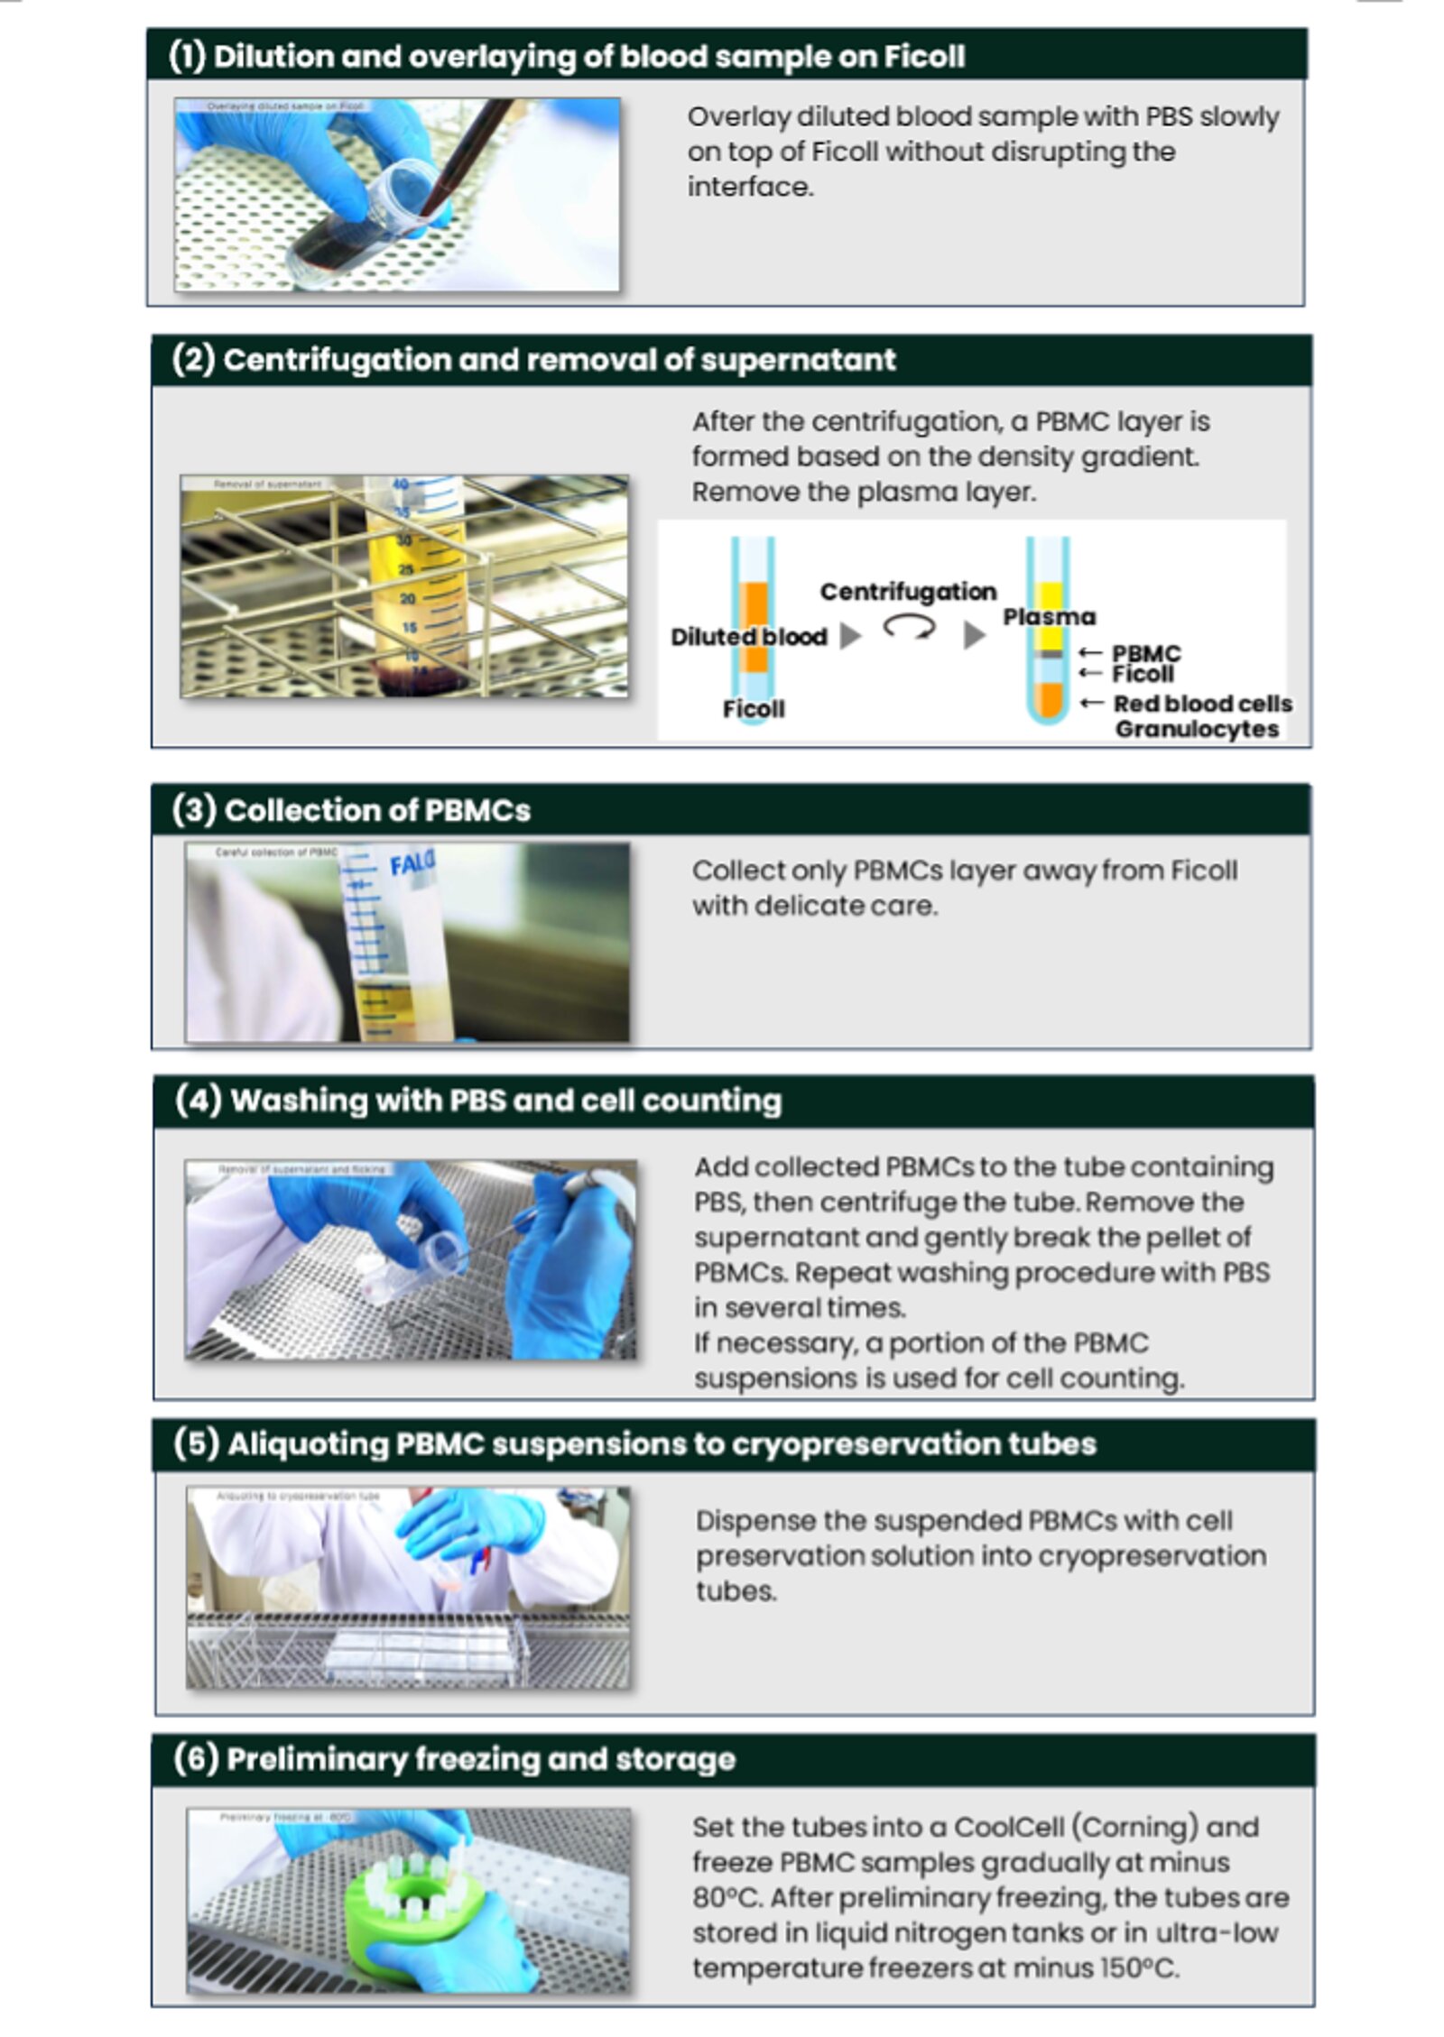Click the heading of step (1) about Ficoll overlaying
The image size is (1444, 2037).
(x=567, y=57)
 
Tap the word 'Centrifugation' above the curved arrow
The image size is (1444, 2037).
(x=907, y=592)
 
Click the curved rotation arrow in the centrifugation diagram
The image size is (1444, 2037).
(x=908, y=627)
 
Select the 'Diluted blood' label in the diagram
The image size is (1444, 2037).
(x=748, y=637)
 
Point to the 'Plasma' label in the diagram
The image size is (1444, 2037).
(x=1048, y=617)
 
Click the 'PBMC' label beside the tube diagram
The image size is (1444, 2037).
(x=1145, y=653)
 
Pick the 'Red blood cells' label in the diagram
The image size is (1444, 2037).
(x=1201, y=704)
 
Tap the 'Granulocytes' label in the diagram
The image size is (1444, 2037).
(x=1196, y=729)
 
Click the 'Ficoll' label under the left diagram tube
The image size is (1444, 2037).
(x=753, y=709)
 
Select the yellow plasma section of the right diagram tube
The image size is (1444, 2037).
(x=1048, y=613)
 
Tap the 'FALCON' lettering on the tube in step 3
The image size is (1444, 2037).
(x=412, y=863)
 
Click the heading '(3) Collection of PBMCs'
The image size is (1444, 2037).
(x=351, y=810)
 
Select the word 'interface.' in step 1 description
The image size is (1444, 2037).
(x=750, y=188)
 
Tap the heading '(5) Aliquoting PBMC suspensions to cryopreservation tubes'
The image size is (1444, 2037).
(x=634, y=1444)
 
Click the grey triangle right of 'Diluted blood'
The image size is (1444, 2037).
(x=849, y=636)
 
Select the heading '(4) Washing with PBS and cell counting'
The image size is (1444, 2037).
(x=478, y=1101)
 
